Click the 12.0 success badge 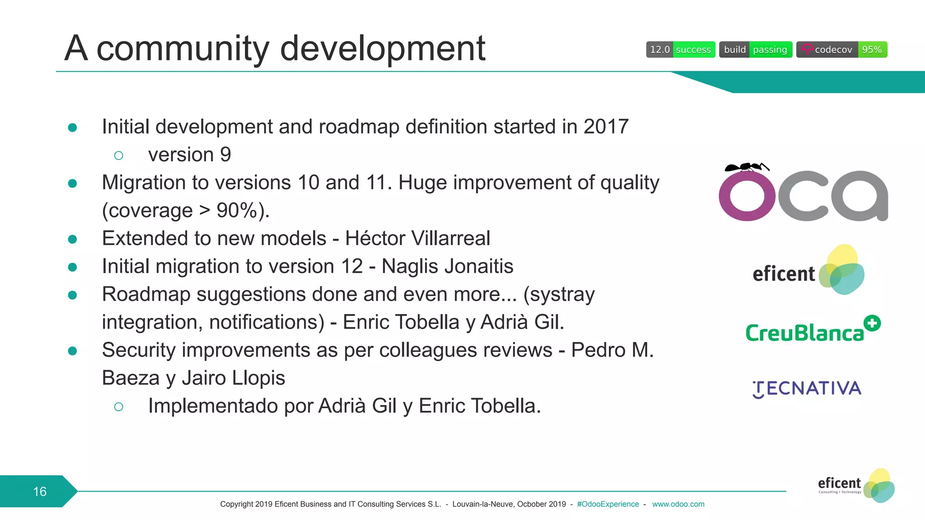tap(680, 50)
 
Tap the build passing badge tap(755, 50)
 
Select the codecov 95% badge tap(841, 50)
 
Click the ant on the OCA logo tap(746, 167)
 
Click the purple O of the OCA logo tap(747, 197)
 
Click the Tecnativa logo tap(807, 389)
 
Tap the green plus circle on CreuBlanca tap(872, 323)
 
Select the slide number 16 tap(40, 492)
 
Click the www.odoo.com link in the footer tap(678, 504)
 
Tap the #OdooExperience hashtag tap(607, 504)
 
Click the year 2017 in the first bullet tap(606, 127)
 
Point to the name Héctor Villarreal tap(417, 238)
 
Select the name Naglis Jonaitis tap(447, 266)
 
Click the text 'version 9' tap(189, 155)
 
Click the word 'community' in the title tap(183, 49)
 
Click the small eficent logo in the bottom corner tap(855, 486)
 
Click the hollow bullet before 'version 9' tap(119, 156)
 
